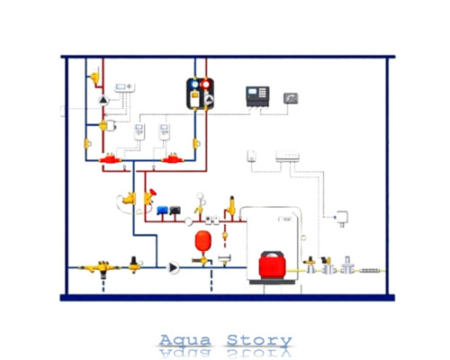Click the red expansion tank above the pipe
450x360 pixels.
(x=203, y=241)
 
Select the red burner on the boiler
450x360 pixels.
(x=273, y=265)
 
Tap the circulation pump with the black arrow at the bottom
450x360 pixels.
(x=174, y=267)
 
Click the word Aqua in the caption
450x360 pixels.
(x=185, y=340)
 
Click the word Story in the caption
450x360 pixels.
(x=259, y=341)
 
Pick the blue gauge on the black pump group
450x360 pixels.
(x=195, y=85)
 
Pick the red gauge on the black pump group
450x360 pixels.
(x=206, y=85)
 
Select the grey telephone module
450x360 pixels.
(x=291, y=98)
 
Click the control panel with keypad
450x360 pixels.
(x=257, y=96)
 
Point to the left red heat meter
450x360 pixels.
(x=111, y=159)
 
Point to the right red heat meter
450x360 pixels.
(x=173, y=158)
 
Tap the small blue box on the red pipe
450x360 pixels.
(x=162, y=211)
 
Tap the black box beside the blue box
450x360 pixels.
(x=175, y=211)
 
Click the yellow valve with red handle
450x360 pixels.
(x=149, y=196)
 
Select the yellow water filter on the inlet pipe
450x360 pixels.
(x=101, y=267)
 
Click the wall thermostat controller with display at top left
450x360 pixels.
(x=124, y=87)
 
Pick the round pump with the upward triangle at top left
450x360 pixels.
(x=103, y=100)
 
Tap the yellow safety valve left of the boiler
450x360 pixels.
(x=230, y=206)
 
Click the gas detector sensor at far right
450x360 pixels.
(x=341, y=218)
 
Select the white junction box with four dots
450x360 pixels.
(x=287, y=156)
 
